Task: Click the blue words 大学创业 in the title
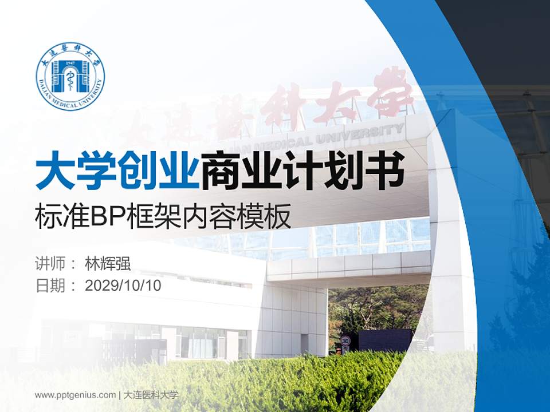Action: (x=117, y=170)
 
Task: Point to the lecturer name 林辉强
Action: (x=108, y=264)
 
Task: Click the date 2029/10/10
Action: (x=123, y=286)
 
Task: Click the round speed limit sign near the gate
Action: (x=345, y=342)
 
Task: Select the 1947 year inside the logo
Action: (x=70, y=62)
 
